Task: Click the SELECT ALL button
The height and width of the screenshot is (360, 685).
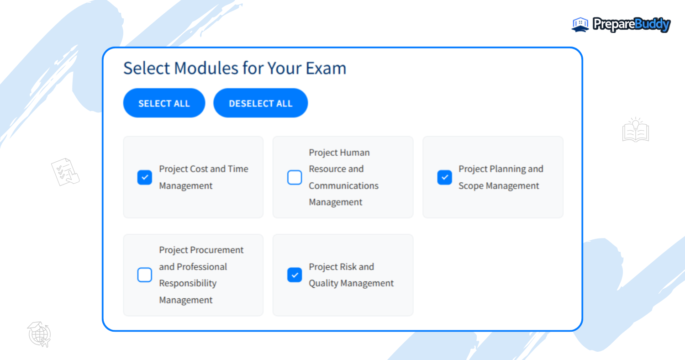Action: click(x=164, y=103)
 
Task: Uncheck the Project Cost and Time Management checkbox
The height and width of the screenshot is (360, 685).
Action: click(x=145, y=177)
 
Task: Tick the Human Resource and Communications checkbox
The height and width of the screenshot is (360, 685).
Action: click(x=295, y=177)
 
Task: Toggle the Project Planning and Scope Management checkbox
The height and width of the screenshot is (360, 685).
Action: click(x=444, y=177)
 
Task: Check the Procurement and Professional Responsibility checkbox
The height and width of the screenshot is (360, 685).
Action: click(x=145, y=275)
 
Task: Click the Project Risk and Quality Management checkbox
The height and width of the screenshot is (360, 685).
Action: click(x=295, y=275)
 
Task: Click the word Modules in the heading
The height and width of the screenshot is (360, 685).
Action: click(x=206, y=68)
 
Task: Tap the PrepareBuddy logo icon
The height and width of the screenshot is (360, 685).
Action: click(x=580, y=25)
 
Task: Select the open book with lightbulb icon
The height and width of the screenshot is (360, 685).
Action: click(x=636, y=130)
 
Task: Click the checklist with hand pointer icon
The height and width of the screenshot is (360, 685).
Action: click(x=65, y=172)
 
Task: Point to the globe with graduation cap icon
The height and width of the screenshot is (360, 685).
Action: click(x=39, y=334)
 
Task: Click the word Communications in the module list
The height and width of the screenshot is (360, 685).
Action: click(x=343, y=185)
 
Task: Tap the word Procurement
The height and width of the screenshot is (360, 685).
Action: click(x=216, y=250)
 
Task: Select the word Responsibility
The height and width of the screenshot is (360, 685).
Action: click(x=188, y=283)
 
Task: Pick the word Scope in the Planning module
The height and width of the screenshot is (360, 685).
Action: click(x=471, y=185)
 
